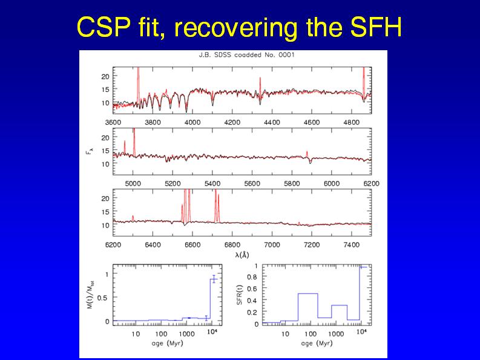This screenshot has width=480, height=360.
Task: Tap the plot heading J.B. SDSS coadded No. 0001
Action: click(234, 55)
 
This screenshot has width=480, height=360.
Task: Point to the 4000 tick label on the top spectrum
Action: click(192, 122)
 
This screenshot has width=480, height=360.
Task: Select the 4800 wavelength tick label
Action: click(351, 122)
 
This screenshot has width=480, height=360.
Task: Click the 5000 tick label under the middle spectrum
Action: click(133, 183)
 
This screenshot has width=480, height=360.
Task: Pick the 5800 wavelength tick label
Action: click(292, 183)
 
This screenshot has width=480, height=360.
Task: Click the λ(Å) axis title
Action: click(242, 255)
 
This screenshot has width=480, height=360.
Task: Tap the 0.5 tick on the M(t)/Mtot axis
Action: click(105, 298)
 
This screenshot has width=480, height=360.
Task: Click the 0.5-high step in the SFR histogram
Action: click(307, 294)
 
